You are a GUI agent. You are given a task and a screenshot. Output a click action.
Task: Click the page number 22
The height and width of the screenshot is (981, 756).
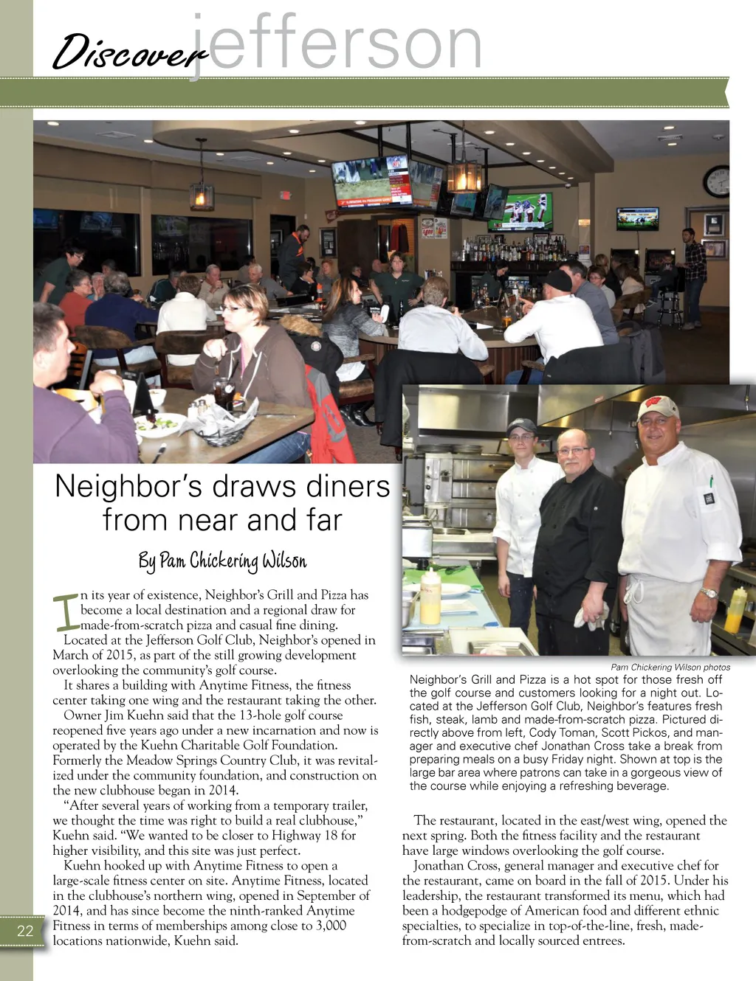pos(25,931)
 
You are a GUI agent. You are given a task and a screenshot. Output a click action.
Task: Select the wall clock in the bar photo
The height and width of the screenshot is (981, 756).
pos(717,181)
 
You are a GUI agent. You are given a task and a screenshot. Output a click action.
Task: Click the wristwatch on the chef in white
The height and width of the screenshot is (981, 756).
pos(709,593)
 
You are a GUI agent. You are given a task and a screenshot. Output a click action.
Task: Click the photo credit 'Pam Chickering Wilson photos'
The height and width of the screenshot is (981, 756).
pos(670,667)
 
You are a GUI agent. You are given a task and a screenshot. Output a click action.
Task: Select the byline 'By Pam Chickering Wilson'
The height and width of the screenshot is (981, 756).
pos(222,561)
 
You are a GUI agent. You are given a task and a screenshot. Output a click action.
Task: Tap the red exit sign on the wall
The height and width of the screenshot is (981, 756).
pos(285,195)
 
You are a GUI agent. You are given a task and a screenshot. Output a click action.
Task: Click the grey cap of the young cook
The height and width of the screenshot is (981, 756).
pos(521,426)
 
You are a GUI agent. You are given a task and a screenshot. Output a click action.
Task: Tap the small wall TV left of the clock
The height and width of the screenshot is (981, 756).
pos(638,218)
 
